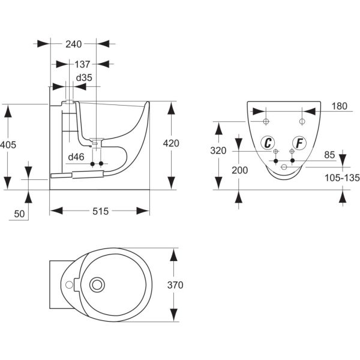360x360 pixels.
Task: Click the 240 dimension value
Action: [x=74, y=43]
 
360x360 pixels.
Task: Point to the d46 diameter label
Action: [x=75, y=157]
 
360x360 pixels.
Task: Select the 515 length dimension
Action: [x=100, y=211]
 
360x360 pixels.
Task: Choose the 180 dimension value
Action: [x=340, y=106]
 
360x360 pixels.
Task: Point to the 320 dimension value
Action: [x=218, y=151]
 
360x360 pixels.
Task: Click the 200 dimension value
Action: [x=239, y=170]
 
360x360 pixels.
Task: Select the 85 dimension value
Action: [x=329, y=154]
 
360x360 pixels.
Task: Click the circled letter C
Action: [x=268, y=143]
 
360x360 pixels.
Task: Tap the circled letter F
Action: [x=299, y=143]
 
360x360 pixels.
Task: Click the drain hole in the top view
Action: [x=96, y=284]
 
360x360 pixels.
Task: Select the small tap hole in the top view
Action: [x=69, y=284]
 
